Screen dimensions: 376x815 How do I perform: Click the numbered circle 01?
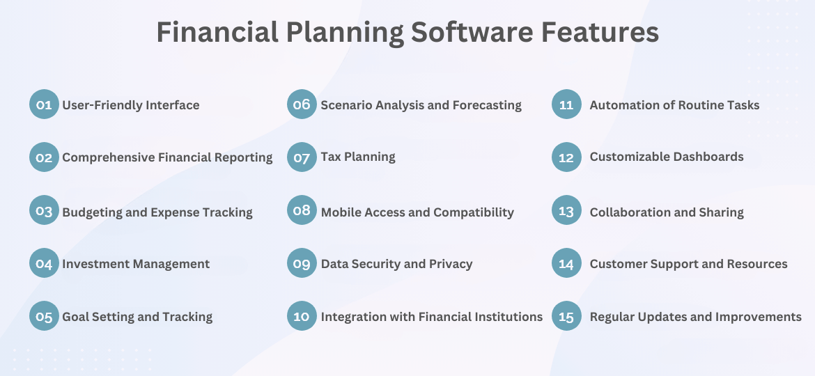(x=44, y=104)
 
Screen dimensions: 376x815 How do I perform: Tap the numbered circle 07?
(x=302, y=157)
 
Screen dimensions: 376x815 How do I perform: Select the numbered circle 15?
(x=566, y=316)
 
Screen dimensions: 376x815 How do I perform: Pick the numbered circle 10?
(x=302, y=316)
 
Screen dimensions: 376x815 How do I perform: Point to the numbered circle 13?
(x=566, y=210)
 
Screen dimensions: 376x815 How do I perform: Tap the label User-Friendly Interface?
(x=131, y=105)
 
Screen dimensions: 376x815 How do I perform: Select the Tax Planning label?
(x=358, y=157)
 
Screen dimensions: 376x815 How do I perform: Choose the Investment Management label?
(x=136, y=264)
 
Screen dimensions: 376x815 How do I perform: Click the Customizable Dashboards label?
(x=667, y=157)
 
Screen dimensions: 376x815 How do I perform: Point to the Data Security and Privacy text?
(x=396, y=264)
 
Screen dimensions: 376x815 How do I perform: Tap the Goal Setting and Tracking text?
(x=137, y=317)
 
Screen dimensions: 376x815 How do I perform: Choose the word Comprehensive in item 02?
(x=108, y=157)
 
